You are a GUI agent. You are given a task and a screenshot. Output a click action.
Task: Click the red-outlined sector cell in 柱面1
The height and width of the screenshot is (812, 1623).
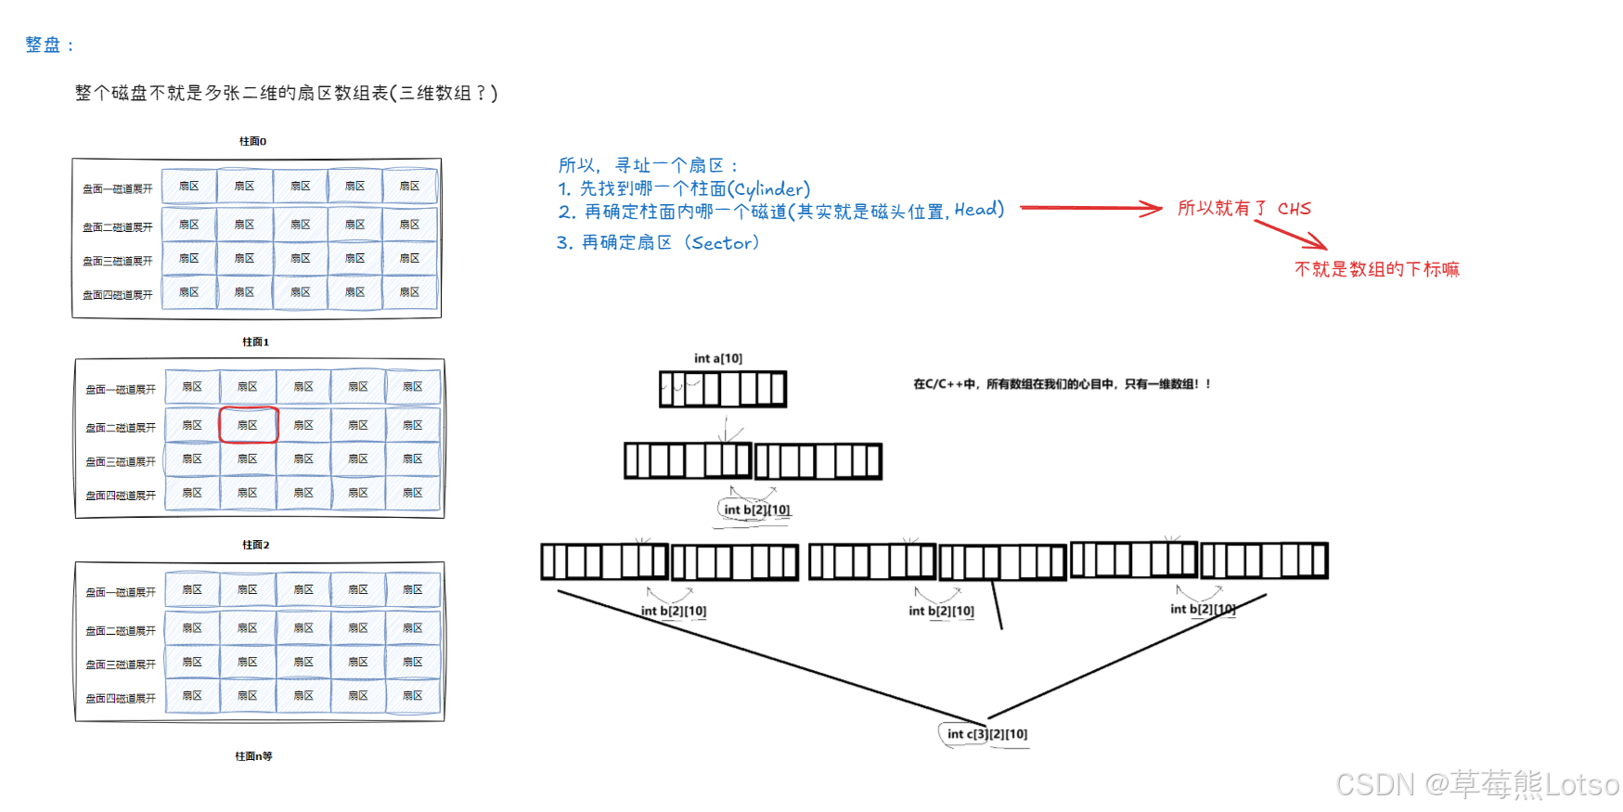click(248, 425)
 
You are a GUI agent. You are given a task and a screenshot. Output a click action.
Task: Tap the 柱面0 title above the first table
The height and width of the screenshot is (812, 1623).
click(252, 142)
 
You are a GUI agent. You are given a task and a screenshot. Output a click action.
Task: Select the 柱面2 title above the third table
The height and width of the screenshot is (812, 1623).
click(255, 545)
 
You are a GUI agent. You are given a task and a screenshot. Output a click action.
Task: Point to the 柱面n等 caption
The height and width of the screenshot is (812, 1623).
click(253, 756)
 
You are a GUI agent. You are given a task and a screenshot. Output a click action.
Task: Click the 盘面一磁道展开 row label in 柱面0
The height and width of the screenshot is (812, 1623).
click(118, 189)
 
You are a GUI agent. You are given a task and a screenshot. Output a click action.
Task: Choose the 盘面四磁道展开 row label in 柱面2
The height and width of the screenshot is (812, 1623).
click(121, 699)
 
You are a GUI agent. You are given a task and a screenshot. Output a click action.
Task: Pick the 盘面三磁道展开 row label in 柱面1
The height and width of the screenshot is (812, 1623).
click(121, 462)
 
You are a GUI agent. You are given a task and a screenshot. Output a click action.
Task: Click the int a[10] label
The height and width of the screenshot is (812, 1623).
click(718, 358)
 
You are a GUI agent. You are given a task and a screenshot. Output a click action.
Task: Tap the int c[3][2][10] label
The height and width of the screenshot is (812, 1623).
click(986, 734)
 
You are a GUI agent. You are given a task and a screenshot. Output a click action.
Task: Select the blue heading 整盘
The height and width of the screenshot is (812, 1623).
click(44, 45)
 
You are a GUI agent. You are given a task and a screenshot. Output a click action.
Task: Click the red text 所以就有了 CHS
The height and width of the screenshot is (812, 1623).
click(1243, 209)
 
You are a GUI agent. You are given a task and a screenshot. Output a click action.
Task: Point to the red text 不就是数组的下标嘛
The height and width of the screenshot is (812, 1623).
click(1376, 269)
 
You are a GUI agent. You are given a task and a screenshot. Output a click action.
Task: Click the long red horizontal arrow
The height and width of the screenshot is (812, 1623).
click(1090, 208)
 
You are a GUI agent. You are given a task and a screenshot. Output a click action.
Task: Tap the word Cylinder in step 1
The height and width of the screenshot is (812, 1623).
click(769, 189)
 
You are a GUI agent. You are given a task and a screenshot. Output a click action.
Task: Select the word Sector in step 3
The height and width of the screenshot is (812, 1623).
click(724, 243)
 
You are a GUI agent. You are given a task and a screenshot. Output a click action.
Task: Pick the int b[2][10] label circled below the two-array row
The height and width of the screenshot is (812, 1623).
click(755, 509)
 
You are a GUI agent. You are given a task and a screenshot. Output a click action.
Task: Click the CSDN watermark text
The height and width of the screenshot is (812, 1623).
click(1476, 785)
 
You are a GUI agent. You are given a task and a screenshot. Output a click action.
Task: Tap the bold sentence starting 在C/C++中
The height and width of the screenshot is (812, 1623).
click(1062, 384)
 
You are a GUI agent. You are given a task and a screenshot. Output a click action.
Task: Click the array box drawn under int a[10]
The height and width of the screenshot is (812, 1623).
click(723, 390)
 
